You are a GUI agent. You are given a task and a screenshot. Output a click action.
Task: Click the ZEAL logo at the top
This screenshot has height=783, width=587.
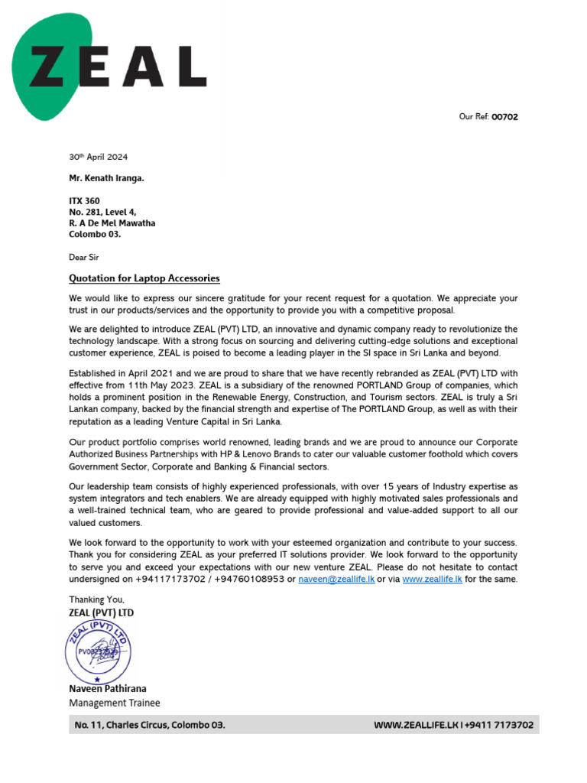(x=115, y=67)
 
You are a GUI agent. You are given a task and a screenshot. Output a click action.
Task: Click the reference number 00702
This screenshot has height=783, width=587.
(x=504, y=117)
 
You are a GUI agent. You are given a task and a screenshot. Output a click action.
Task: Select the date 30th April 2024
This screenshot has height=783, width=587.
(x=98, y=157)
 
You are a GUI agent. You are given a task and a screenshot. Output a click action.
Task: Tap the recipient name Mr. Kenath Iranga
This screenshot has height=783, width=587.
(x=107, y=179)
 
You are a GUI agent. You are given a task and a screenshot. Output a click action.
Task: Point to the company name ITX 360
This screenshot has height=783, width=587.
(x=84, y=201)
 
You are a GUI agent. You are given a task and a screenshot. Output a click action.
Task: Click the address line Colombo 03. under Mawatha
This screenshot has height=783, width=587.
(x=95, y=235)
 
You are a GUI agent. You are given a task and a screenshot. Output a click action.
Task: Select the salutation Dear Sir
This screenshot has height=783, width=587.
(x=84, y=257)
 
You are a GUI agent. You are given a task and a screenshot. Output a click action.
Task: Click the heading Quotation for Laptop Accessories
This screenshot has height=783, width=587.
(x=144, y=278)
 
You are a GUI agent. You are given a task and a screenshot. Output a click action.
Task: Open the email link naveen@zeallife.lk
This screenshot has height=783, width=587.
(x=336, y=580)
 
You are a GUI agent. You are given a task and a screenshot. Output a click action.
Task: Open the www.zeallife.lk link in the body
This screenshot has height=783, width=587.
(x=432, y=580)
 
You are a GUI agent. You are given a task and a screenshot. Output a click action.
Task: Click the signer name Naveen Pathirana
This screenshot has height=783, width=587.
(x=108, y=689)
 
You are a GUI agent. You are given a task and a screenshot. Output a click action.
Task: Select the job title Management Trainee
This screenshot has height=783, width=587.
(x=115, y=703)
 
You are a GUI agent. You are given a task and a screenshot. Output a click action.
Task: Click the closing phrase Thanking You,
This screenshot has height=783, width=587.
(x=97, y=599)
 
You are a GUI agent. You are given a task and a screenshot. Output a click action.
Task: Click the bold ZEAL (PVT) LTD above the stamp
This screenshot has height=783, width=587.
(x=101, y=612)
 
